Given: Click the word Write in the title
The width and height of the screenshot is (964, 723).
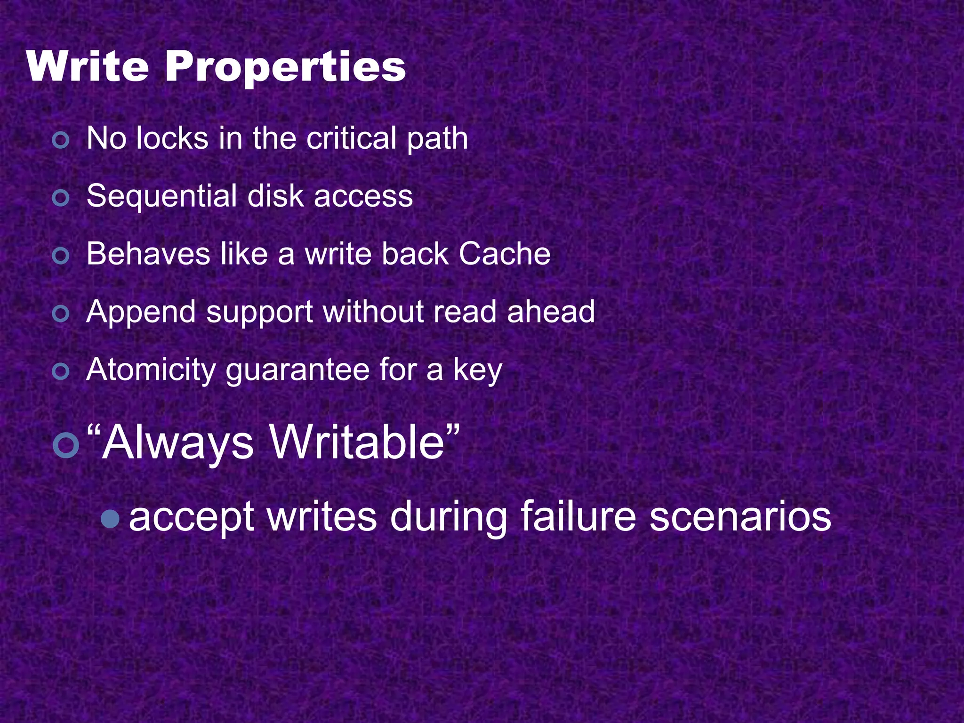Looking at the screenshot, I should click(x=88, y=67).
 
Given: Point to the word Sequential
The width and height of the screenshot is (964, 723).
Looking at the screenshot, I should click(x=161, y=196).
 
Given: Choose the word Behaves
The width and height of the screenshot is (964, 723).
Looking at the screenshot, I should click(x=148, y=254).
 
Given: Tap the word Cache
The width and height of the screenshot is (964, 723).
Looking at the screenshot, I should click(x=504, y=254).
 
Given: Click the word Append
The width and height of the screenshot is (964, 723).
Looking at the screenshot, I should click(x=141, y=313).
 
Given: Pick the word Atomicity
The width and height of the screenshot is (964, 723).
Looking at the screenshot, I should click(x=151, y=370).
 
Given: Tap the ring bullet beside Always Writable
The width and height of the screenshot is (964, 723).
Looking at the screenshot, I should click(x=65, y=445).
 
